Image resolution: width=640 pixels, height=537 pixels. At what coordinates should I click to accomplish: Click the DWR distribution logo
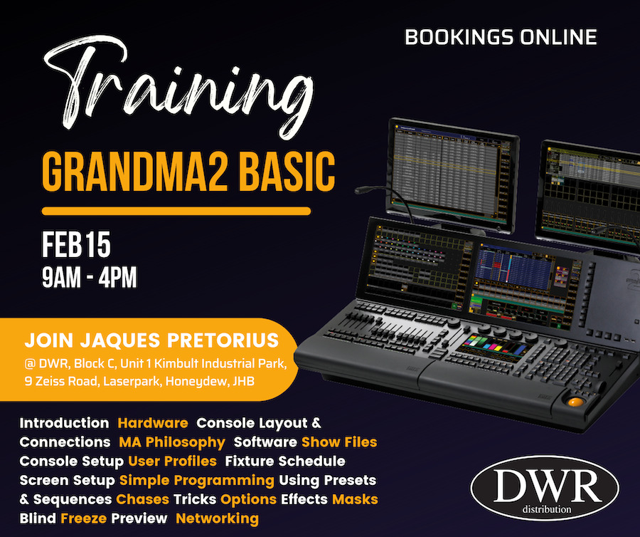pos(545,488)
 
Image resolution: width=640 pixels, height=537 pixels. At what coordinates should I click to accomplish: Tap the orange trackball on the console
pos(575,402)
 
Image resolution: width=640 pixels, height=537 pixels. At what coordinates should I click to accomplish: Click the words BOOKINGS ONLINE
pos(501,37)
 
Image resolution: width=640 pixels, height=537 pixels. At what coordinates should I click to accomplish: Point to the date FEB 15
pos(76,244)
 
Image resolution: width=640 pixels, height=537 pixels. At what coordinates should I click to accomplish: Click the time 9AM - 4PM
pos(90,278)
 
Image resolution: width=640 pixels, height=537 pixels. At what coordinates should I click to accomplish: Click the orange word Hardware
pos(153,423)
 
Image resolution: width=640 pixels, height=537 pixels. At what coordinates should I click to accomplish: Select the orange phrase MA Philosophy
pos(172,442)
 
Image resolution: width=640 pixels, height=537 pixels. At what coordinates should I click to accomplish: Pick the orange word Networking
pos(217,518)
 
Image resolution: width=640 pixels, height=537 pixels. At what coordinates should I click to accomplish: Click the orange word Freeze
pos(83,518)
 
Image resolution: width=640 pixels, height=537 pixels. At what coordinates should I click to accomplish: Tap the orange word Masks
pos(355,499)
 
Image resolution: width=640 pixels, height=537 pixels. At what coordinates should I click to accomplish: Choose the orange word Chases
pos(142,499)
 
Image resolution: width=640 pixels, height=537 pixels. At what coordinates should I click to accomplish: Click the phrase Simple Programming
pos(197,481)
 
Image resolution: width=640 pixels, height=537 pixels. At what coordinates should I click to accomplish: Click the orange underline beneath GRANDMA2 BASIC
pos(176,211)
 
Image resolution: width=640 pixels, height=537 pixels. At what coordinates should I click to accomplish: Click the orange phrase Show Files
pos(339,442)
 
